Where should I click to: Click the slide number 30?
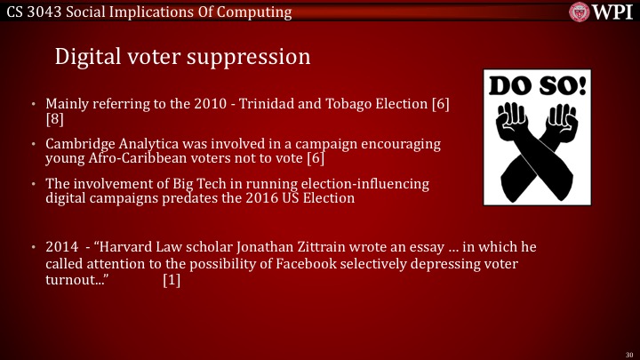click(629, 353)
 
